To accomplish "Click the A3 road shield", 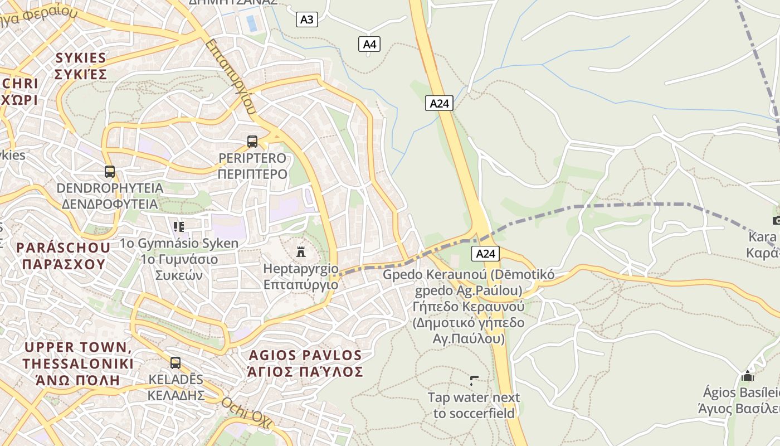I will point(306,20).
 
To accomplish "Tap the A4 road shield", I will point(369,44).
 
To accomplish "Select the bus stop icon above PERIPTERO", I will point(252,142).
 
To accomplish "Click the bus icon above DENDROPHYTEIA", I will point(110,171).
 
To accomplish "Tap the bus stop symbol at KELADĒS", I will point(175,363).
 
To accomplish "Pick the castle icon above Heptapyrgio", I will point(301,251).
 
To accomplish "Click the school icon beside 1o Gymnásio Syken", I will point(179,226).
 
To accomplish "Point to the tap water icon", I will point(474,381).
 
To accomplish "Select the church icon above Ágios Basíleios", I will point(748,376).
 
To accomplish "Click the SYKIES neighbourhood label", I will point(81,66).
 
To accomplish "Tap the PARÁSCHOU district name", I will point(64,255).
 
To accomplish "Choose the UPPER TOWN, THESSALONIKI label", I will point(78,363).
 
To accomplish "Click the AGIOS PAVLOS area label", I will point(305,363).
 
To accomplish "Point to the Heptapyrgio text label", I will point(301,277).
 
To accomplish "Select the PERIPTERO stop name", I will point(252,166).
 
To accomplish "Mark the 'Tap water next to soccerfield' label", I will point(474,405).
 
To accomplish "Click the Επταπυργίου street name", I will point(230,76).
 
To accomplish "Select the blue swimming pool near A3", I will point(252,23).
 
